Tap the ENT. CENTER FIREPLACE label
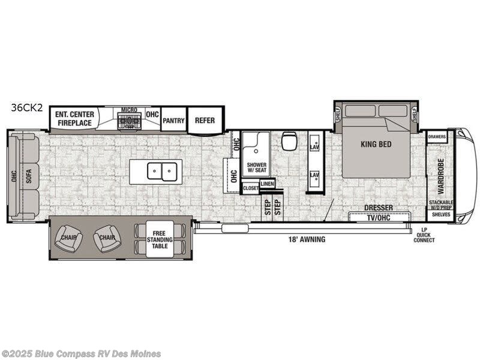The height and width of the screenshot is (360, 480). [x=74, y=118]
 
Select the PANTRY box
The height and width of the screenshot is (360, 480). [x=173, y=120]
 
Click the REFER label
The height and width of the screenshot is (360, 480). [x=205, y=120]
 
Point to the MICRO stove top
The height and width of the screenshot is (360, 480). [x=129, y=121]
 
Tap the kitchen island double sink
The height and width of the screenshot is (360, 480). [x=162, y=172]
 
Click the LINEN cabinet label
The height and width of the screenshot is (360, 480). [x=268, y=184]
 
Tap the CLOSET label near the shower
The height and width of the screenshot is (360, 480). [x=250, y=188]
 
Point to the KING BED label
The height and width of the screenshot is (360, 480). [x=376, y=144]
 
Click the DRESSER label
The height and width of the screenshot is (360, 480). [x=379, y=208]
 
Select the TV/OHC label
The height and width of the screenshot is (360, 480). [x=379, y=217]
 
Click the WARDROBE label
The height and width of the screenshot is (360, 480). [x=441, y=172]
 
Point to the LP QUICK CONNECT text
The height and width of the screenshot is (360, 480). [x=424, y=236]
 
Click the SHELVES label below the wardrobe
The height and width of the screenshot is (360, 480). [x=441, y=214]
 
